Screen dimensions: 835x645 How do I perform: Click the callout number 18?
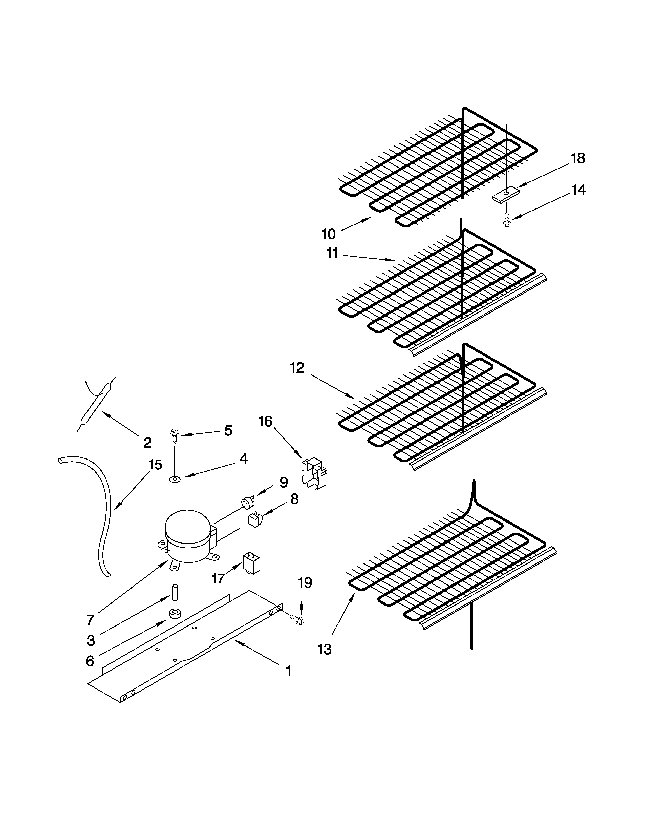tap(578, 158)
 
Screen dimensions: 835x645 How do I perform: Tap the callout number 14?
tap(578, 190)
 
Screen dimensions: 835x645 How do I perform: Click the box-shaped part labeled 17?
tap(251, 563)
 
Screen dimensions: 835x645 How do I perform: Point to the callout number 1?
tap(289, 671)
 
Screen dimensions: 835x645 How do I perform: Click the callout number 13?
tap(325, 649)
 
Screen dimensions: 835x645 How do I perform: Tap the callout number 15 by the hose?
tap(155, 465)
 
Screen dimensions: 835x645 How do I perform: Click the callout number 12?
tap(297, 368)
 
